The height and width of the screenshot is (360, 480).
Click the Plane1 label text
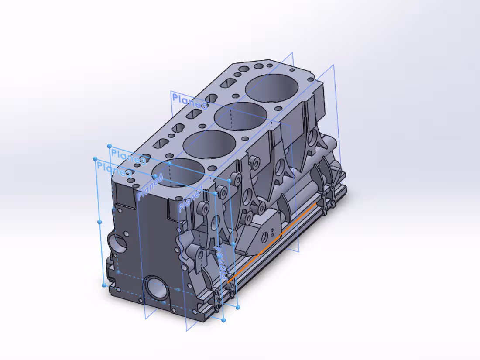click(189, 199)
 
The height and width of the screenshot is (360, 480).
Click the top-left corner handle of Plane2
click(95, 159)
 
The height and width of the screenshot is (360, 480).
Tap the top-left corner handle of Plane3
click(109, 146)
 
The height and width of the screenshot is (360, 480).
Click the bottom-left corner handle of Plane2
click(104, 285)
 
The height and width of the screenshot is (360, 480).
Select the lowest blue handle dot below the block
click(223, 320)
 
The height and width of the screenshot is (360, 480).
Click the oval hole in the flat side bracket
click(264, 237)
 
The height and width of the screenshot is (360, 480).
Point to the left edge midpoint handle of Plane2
click(99, 222)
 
